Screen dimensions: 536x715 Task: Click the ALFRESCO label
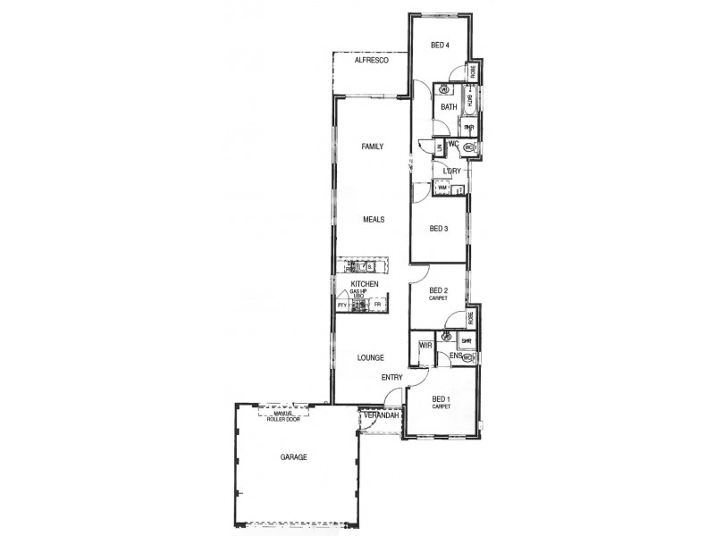coord(370,61)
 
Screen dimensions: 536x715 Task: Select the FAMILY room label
coord(372,146)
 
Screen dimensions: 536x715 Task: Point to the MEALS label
coord(374,218)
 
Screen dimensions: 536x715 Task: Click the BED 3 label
coord(438,229)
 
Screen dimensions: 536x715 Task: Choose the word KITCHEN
coord(364,284)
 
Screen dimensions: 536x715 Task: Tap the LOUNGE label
coord(370,356)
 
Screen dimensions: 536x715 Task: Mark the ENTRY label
coord(391,378)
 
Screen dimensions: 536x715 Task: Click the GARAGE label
coord(293,456)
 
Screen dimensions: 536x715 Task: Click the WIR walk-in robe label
coord(425,345)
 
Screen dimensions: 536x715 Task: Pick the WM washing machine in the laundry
coord(442,188)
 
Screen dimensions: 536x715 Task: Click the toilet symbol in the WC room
coord(468,147)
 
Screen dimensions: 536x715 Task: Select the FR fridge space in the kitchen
coord(377,306)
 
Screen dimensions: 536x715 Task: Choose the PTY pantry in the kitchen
coord(341,306)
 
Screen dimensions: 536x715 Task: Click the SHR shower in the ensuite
coord(466,340)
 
